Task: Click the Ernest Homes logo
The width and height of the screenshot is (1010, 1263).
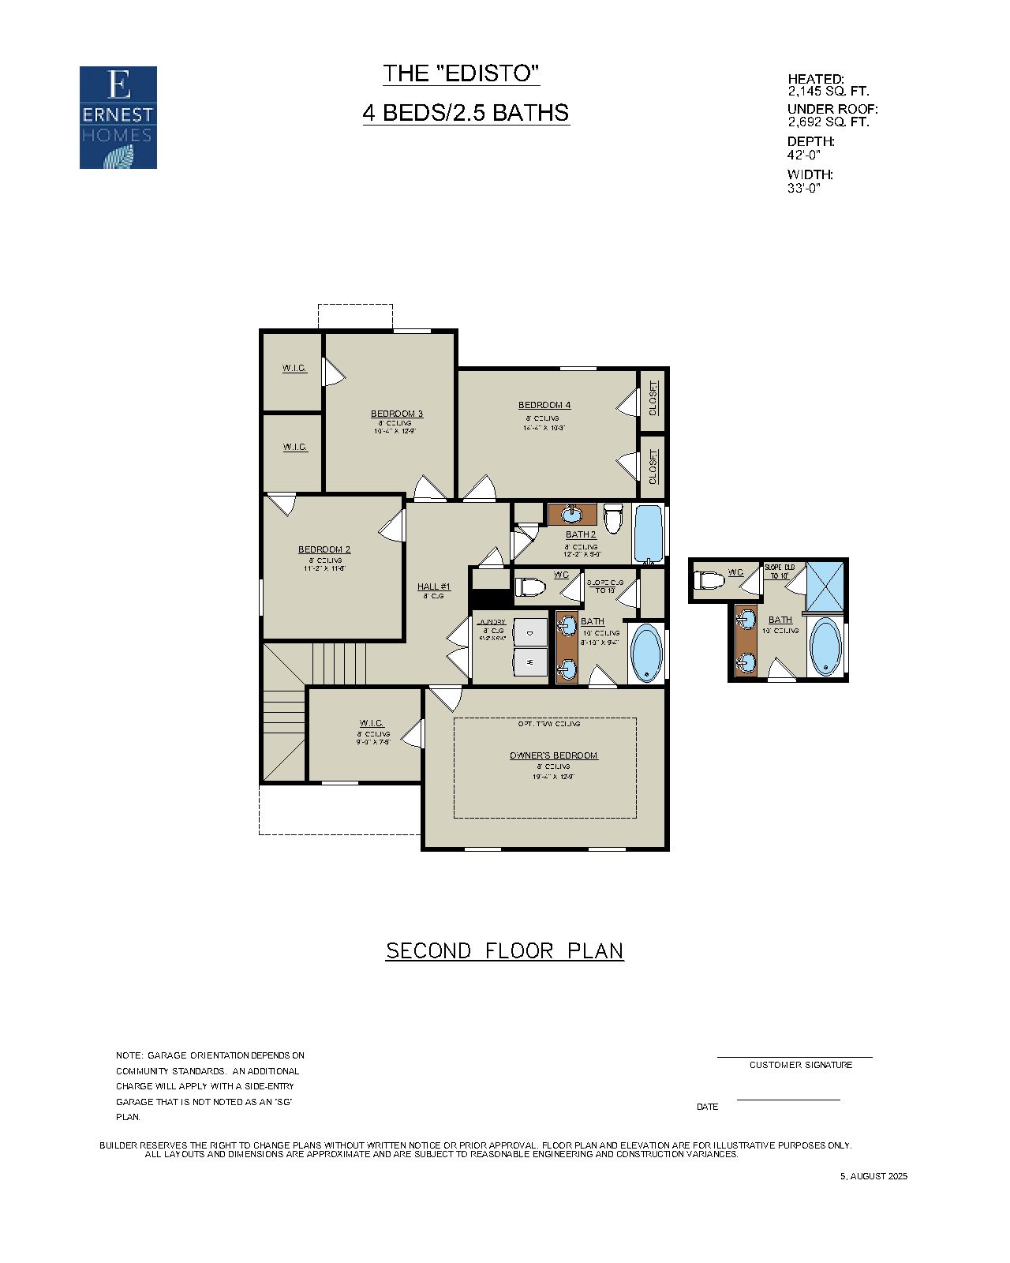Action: (x=118, y=117)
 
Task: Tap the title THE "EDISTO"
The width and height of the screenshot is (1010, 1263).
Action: (x=462, y=73)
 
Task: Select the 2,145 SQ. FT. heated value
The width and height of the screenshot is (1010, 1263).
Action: (x=828, y=91)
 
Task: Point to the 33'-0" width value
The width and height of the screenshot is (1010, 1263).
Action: (x=804, y=188)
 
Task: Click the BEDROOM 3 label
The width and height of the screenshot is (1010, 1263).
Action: (x=397, y=414)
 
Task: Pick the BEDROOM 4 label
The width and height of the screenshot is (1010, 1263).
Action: (x=544, y=405)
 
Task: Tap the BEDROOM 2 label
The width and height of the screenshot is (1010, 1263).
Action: (x=324, y=549)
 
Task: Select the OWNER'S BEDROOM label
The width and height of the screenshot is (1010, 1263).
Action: (x=553, y=755)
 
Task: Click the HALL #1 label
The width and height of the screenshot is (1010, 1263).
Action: (x=433, y=587)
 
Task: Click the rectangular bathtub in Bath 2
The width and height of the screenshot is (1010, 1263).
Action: (x=649, y=534)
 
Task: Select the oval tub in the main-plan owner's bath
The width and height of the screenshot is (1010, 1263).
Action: (x=647, y=654)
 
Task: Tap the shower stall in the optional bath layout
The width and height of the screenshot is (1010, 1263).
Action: (x=824, y=585)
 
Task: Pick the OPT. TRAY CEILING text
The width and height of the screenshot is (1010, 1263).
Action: (x=549, y=724)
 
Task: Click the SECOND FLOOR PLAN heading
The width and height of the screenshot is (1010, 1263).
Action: (x=504, y=950)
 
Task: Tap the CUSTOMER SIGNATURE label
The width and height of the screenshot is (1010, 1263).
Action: (x=800, y=1065)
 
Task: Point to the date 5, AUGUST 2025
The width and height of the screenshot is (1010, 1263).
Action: (x=873, y=1176)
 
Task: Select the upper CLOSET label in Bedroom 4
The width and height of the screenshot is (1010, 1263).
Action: (x=653, y=398)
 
